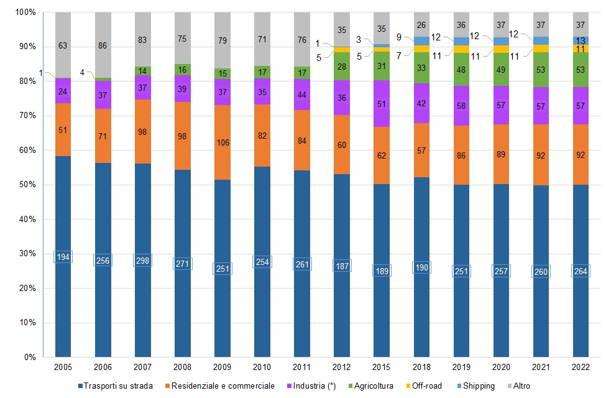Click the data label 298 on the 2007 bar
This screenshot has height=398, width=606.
pos(142,260)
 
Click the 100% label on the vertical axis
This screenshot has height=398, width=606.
pos(25,12)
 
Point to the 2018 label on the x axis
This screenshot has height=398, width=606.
pos(421,368)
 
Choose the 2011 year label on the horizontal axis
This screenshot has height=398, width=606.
pos(301,368)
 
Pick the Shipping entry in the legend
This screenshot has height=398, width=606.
pos(477,386)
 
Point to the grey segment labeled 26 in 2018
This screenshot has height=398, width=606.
pos(421,25)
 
